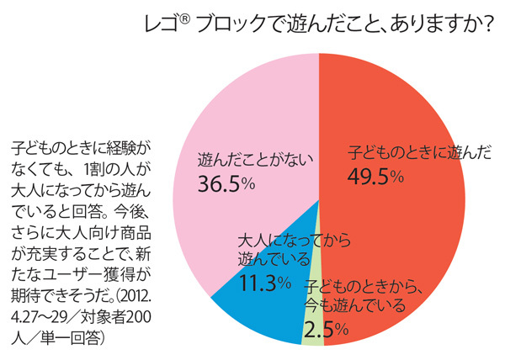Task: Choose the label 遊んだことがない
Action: coord(244,157)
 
